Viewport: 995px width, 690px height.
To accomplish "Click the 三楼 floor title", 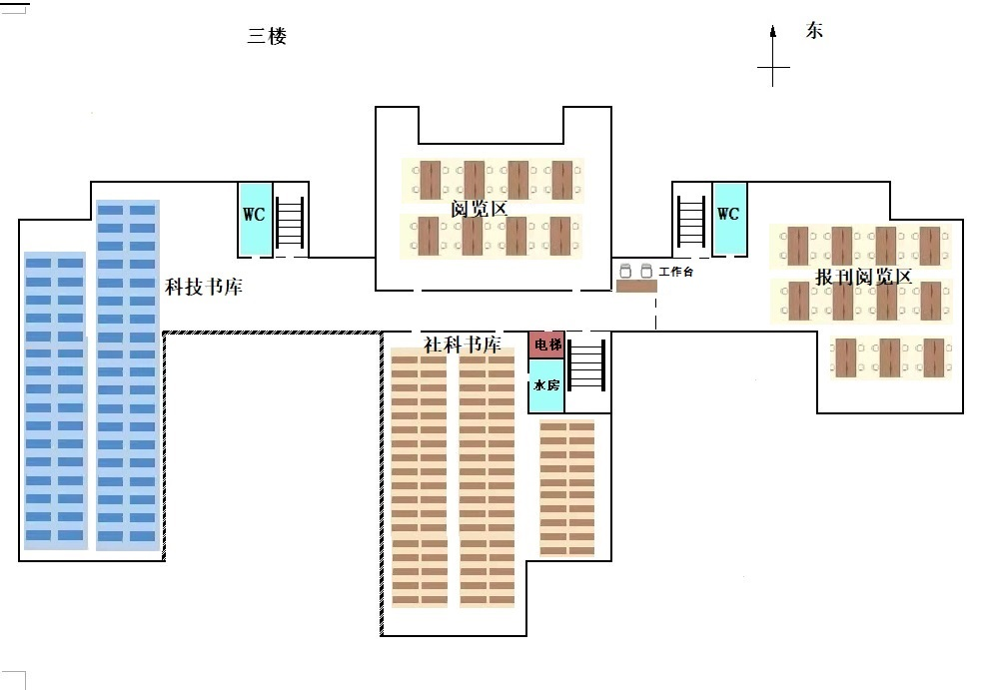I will [267, 37].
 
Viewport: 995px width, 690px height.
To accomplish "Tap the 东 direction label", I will [814, 31].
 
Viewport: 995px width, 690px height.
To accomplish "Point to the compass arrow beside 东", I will [773, 56].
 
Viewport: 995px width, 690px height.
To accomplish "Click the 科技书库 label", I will [204, 288].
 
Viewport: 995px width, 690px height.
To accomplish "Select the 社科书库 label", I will [463, 345].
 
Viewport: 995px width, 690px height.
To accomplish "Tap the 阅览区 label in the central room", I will [480, 209].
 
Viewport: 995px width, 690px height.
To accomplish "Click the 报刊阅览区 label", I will [864, 278].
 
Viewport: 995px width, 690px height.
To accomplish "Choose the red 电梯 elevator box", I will [546, 345].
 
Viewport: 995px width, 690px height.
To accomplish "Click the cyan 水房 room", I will [545, 385].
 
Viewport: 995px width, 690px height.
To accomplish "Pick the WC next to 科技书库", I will [254, 217].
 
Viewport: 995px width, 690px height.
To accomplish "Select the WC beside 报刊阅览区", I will [728, 217].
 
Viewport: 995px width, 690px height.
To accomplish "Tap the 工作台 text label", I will [676, 271].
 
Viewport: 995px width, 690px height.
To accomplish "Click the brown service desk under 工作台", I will [636, 287].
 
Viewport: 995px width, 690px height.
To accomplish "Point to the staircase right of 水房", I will [586, 365].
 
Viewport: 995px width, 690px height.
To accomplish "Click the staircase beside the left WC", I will [289, 222].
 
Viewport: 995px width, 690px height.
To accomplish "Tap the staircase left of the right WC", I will [691, 222].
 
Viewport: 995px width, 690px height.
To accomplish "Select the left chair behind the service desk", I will [626, 271].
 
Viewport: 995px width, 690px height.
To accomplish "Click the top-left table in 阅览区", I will [430, 180].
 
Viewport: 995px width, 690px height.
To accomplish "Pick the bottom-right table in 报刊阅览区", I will [934, 357].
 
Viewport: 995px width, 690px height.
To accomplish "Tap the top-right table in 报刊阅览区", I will [930, 246].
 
